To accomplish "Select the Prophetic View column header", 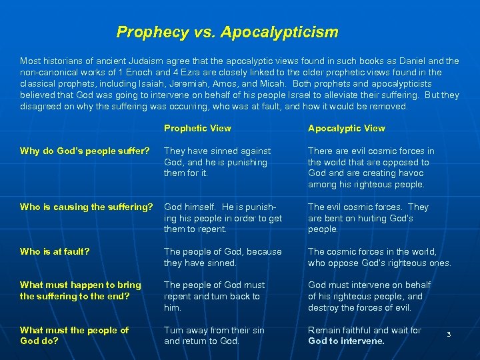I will (x=197, y=128).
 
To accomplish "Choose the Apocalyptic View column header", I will (x=346, y=128).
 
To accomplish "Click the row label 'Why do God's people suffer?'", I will (x=79, y=151).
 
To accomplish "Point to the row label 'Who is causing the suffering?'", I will (x=86, y=207).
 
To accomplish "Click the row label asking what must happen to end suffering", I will (x=80, y=291).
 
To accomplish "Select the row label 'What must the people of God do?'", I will (x=74, y=335).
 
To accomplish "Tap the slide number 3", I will (x=449, y=333).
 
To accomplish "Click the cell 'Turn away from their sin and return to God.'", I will (x=214, y=335).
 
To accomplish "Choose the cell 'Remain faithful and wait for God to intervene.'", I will (x=364, y=335).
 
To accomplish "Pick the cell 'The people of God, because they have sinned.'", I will (x=223, y=257).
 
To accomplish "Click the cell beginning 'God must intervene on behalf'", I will (x=369, y=296).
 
